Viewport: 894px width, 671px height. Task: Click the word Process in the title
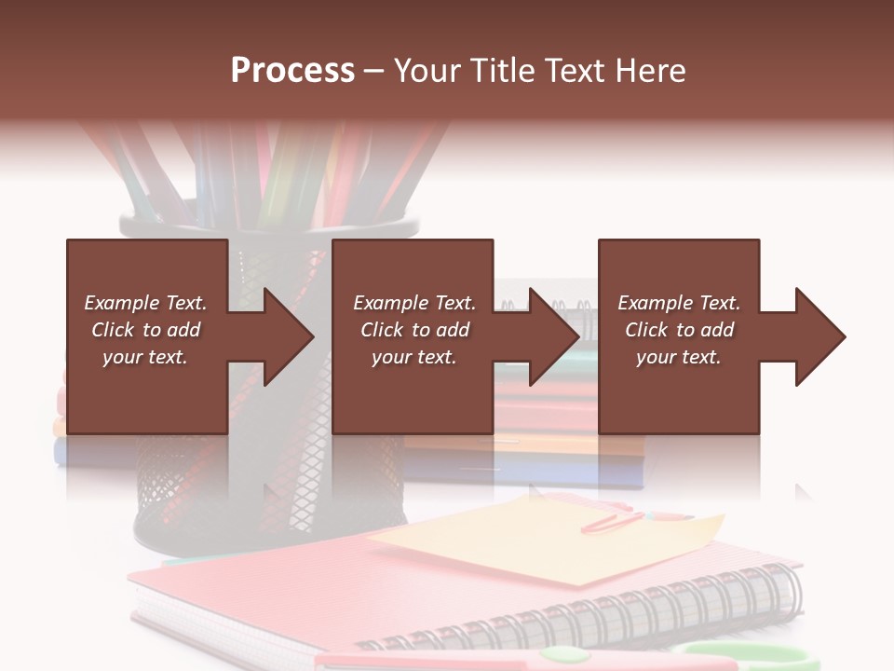pyautogui.click(x=292, y=71)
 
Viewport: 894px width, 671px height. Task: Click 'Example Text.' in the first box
pyautogui.click(x=145, y=303)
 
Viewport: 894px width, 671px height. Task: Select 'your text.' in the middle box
pyautogui.click(x=414, y=357)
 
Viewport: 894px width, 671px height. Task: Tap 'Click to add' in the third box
pyautogui.click(x=679, y=330)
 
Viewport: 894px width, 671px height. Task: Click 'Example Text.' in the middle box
pyautogui.click(x=414, y=303)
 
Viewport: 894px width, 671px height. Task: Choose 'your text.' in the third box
pyautogui.click(x=679, y=357)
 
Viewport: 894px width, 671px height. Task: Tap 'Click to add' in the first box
pyautogui.click(x=145, y=330)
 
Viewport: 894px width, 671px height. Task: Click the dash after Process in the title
pyautogui.click(x=374, y=71)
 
